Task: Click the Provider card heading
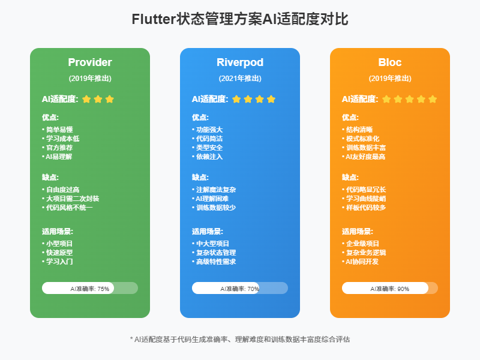click(x=90, y=62)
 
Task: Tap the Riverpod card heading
click(x=240, y=62)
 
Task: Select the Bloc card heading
click(x=390, y=62)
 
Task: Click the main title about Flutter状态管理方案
click(x=240, y=20)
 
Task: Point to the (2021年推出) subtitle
click(x=240, y=78)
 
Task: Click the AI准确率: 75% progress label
click(x=90, y=289)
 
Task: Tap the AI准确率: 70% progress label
click(x=240, y=289)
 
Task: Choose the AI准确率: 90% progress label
click(x=390, y=289)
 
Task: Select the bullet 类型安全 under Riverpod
click(x=209, y=148)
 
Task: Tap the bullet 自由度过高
click(x=62, y=190)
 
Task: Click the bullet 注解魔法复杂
click(x=215, y=190)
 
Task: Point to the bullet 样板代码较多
click(x=365, y=208)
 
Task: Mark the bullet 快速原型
click(x=59, y=253)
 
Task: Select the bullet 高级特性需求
click(x=215, y=262)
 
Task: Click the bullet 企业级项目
click(x=362, y=244)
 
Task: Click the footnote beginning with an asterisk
click(x=240, y=339)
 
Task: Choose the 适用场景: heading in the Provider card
click(x=58, y=231)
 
